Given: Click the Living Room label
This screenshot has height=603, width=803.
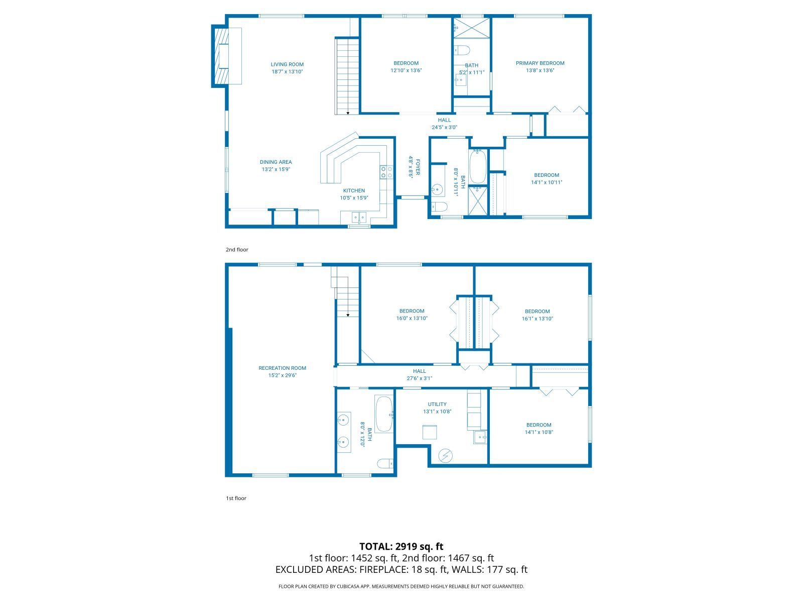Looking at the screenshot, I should [x=287, y=64].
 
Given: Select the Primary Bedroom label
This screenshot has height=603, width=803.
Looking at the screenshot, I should [x=540, y=63].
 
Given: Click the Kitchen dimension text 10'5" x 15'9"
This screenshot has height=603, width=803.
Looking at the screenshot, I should [x=354, y=198].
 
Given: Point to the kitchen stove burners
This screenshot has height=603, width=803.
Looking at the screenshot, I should [x=386, y=172].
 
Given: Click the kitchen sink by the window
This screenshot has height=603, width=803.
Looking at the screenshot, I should [x=359, y=218].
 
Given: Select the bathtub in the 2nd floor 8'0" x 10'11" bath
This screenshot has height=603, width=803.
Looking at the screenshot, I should [x=477, y=167].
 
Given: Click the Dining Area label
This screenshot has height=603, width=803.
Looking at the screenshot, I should [x=276, y=162].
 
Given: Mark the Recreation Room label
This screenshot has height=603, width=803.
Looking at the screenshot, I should [x=282, y=368].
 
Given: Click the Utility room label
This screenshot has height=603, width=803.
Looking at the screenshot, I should [x=437, y=405].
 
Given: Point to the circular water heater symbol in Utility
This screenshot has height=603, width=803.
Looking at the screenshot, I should [x=445, y=455].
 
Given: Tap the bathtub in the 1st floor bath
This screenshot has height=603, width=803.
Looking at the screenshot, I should [x=384, y=414].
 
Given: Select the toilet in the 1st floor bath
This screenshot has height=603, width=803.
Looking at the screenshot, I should [x=385, y=463].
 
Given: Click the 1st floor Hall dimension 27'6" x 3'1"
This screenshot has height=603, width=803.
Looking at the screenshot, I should [x=419, y=378].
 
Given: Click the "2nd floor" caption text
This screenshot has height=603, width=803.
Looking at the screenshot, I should [x=237, y=250].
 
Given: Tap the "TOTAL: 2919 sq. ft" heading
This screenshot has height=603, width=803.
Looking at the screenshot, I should [x=401, y=546].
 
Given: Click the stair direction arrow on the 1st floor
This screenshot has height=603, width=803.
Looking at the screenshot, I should [x=348, y=315].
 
